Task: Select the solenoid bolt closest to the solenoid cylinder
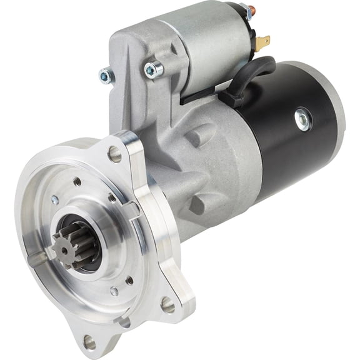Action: (151, 69)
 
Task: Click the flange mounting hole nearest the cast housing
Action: (115, 152)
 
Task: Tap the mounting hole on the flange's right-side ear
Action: (167, 304)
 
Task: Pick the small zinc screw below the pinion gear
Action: (114, 291)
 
